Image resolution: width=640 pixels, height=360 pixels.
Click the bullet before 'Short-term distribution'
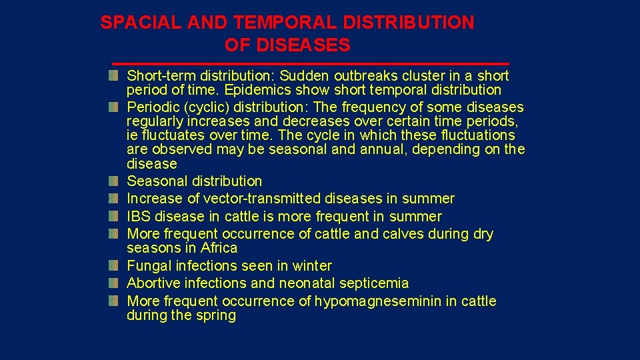point(115,75)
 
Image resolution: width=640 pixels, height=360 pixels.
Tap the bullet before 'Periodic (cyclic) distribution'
point(115,107)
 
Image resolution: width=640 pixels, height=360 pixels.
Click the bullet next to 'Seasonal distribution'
point(115,181)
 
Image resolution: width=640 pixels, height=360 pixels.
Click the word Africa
point(219,248)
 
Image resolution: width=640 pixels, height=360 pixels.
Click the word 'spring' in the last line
point(216,315)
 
